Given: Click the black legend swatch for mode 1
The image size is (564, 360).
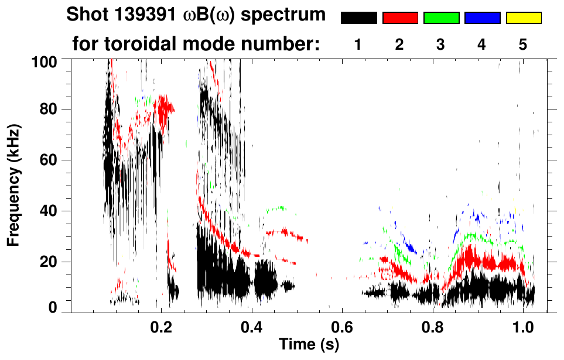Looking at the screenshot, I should pos(358,18).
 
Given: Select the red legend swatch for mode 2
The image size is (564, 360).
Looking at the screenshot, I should pos(400,18).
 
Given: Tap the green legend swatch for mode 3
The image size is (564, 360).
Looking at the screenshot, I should pos(441,18).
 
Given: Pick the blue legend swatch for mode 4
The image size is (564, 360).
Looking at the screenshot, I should pos(482,18).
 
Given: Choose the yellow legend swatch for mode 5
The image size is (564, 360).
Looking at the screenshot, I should pos(523,18).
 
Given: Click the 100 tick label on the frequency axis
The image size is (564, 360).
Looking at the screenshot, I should pos(45,61).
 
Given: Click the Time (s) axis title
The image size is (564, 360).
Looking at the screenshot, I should pos(308,345).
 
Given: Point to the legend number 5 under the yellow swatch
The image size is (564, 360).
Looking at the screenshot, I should pos(523,44).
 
